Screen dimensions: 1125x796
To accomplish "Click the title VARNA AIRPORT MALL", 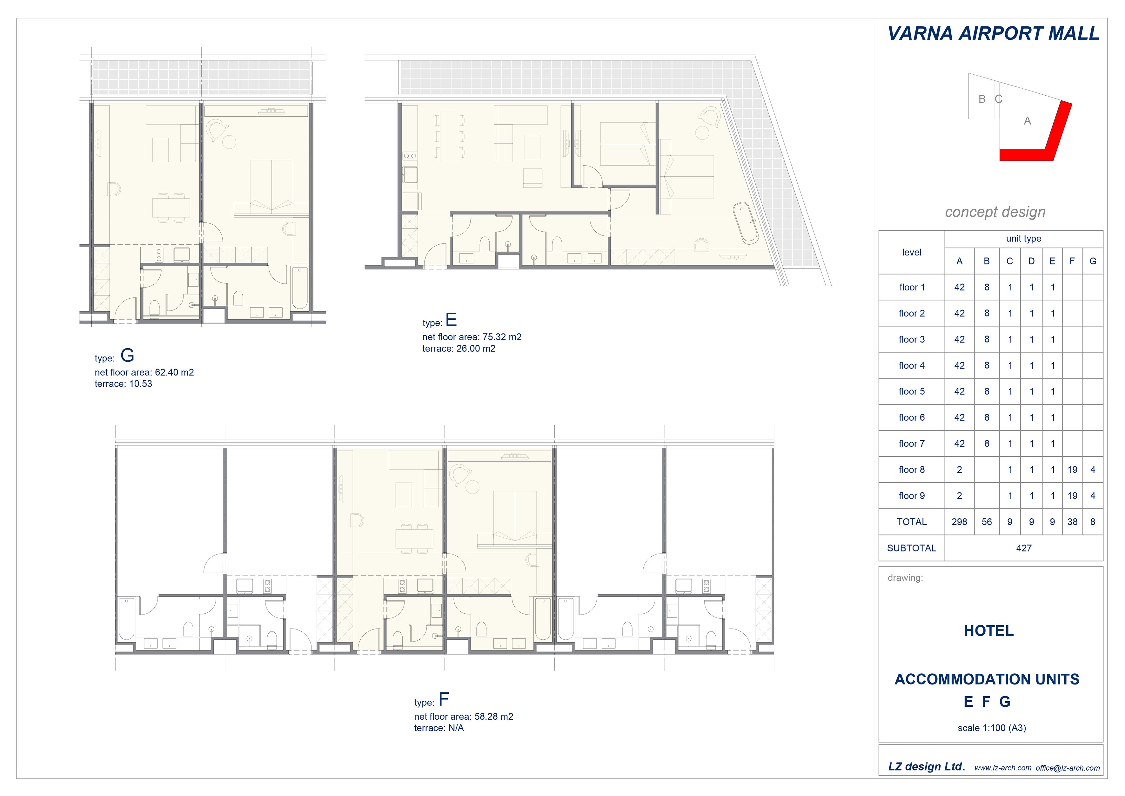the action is pyautogui.click(x=993, y=33).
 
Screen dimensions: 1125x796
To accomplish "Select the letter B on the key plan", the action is pyautogui.click(x=982, y=99).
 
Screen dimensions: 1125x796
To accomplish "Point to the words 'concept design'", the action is pyautogui.click(x=995, y=212).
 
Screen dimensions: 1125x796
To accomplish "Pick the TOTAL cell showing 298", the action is pyautogui.click(x=959, y=522).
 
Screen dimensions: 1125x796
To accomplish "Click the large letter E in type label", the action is pyautogui.click(x=451, y=320).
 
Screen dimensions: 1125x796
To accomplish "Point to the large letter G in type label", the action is pyautogui.click(x=127, y=355).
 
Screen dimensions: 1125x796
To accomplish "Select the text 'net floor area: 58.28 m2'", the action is pyautogui.click(x=464, y=717).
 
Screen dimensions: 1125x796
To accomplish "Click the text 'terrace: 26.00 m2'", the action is pyautogui.click(x=459, y=349).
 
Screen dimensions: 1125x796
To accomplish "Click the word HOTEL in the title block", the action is pyautogui.click(x=989, y=631).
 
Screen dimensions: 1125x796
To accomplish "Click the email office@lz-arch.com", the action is pyautogui.click(x=1068, y=768).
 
